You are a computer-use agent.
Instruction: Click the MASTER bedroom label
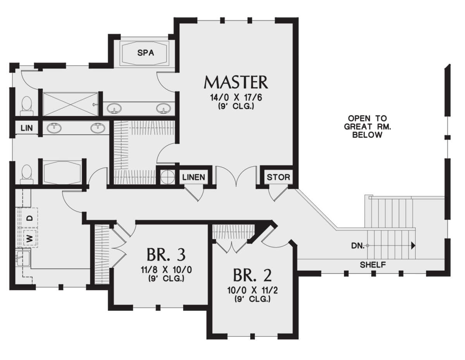coord(236,82)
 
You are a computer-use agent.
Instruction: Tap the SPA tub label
coord(146,53)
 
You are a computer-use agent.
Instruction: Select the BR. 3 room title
coord(166,255)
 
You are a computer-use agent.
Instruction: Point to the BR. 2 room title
coord(253,275)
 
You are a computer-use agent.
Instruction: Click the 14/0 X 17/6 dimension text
coord(236,98)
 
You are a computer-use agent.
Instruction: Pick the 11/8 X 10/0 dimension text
coord(166,270)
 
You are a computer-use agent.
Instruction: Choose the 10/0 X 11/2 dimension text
coord(253,291)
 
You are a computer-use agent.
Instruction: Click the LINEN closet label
coord(194,177)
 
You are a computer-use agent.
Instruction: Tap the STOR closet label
coord(278,177)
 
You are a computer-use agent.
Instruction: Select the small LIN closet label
coord(27,128)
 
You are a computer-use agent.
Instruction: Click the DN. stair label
coord(358,246)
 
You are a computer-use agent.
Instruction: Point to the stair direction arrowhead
coord(413,245)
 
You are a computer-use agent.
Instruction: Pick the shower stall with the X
coord(71,105)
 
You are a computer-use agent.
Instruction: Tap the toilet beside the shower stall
coord(26,106)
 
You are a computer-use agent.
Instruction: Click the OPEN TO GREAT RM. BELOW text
coord(367,127)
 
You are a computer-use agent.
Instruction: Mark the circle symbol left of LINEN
coord(167,177)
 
